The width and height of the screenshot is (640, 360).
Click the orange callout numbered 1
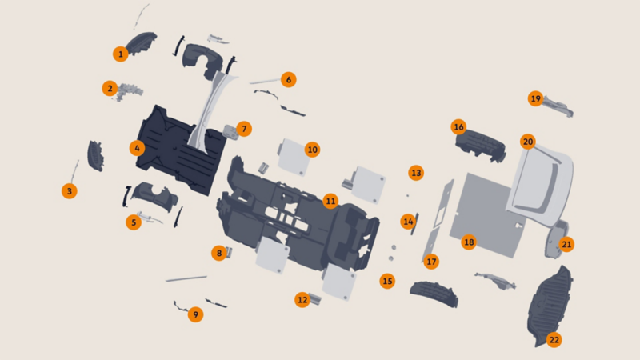pos(121,54)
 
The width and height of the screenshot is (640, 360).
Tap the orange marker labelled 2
pos(110,88)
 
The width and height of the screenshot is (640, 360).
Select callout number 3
pos(70,191)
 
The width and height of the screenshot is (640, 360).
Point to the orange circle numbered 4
pos(137,148)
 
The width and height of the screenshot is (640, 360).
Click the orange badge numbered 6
pos(289,79)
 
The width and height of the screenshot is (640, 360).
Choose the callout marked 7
pos(244,129)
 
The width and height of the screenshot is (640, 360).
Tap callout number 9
pos(195,314)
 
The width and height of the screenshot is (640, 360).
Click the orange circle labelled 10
pos(312,150)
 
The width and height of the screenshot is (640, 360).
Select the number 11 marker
pos(330,201)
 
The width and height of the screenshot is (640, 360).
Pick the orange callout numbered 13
pos(416,173)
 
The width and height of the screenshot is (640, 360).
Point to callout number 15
pos(387,281)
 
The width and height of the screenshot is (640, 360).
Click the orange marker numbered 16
pos(458,127)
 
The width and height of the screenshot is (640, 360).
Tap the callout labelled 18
pos(469,242)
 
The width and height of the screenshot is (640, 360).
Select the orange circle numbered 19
pos(535,98)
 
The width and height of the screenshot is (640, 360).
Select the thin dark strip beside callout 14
pos(415,224)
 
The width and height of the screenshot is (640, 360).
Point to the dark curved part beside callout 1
pos(141,43)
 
